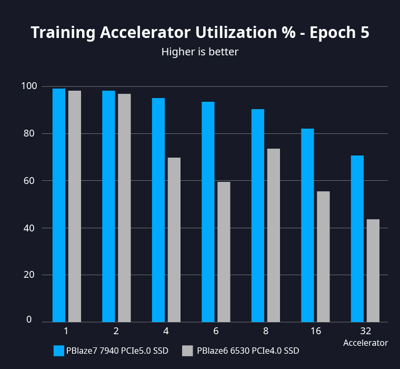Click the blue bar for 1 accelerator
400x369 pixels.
point(59,205)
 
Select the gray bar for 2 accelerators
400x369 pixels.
point(124,208)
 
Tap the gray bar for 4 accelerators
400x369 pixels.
point(174,240)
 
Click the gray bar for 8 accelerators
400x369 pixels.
point(273,235)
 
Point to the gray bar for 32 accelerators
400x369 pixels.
point(373,270)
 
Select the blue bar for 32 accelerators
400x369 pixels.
point(357,239)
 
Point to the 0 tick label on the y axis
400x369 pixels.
point(29,320)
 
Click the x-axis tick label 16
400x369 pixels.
point(316,331)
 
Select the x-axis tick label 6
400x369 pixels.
point(216,331)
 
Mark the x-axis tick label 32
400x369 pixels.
point(365,331)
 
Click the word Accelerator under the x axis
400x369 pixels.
point(365,343)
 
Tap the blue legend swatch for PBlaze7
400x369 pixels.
point(59,351)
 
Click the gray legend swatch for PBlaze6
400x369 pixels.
point(187,351)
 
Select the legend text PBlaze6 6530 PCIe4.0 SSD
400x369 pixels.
point(248,351)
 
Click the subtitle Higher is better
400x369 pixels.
point(200,52)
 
